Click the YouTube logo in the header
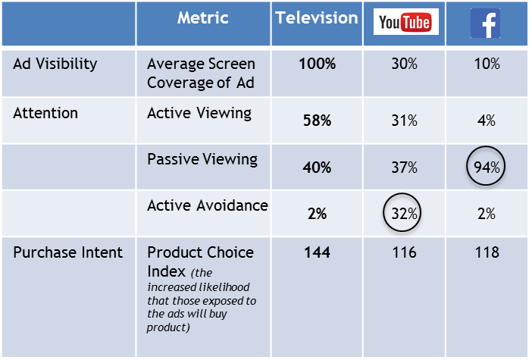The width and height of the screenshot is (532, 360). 404,23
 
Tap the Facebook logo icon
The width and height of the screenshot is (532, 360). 485,23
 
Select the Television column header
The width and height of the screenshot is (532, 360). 317,18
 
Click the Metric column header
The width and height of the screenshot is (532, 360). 202,18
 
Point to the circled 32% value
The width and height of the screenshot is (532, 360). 404,214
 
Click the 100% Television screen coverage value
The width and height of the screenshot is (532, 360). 317,64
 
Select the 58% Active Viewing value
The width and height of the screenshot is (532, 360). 317,121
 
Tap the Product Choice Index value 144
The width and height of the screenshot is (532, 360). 317,252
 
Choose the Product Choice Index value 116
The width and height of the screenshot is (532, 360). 404,252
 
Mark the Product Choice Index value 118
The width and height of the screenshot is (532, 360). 485,252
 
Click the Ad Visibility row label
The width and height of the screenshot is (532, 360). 55,64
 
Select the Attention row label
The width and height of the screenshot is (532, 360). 45,113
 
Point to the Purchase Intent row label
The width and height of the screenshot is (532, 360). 67,252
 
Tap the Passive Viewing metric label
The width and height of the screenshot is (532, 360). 202,160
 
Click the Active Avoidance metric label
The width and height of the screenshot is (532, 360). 206,206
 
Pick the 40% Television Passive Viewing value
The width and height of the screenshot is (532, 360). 317,167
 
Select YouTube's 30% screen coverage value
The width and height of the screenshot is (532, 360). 404,64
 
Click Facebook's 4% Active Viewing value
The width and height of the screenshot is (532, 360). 486,121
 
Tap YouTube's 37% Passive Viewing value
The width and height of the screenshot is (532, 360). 404,167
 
